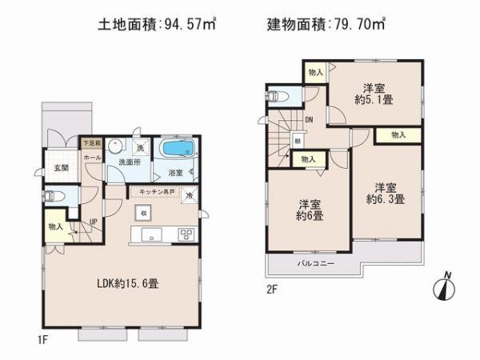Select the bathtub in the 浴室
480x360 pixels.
coord(175,150)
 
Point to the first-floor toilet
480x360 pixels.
coord(53,194)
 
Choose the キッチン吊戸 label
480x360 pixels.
coord(156,193)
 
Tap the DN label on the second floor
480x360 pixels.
coord(309,120)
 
